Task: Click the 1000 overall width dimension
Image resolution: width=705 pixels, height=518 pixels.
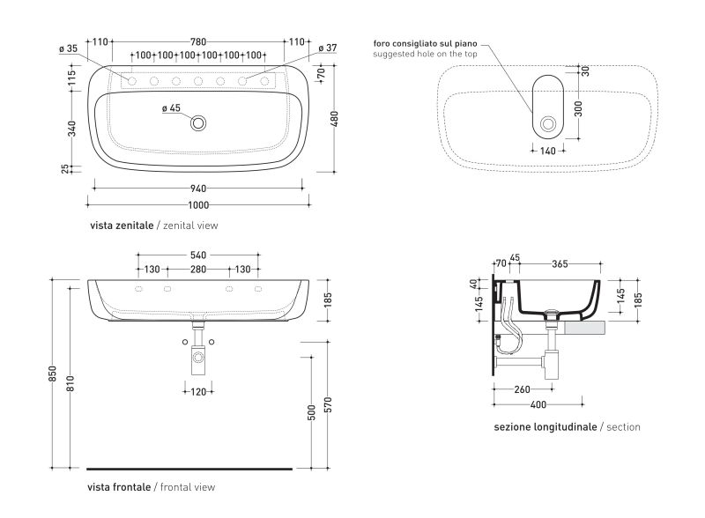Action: point(198,205)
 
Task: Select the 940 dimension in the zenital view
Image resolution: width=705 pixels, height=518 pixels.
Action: point(198,189)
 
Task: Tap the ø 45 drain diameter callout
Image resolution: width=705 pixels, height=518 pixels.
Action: point(171,108)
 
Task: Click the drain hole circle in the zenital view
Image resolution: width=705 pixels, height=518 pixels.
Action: point(198,122)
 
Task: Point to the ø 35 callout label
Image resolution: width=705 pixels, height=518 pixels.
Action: point(69,48)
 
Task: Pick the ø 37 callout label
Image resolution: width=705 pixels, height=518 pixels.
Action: point(328,48)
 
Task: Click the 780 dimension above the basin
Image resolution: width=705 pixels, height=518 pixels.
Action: point(198,42)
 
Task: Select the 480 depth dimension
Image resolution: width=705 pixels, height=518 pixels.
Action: point(335,119)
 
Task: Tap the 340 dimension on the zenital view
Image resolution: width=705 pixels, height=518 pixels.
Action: point(72,129)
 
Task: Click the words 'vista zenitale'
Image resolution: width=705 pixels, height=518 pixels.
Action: point(122,226)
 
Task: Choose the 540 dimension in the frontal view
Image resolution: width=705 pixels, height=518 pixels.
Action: point(198,255)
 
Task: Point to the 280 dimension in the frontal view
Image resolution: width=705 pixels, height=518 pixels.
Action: point(198,270)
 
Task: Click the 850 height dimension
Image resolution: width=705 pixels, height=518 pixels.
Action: point(53,374)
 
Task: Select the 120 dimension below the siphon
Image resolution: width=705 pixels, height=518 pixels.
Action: point(198,392)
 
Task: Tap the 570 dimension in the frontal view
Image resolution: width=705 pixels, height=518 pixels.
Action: point(328,405)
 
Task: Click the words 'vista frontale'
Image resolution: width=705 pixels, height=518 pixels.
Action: point(119,487)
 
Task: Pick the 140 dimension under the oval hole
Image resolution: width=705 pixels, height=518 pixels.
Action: point(548,152)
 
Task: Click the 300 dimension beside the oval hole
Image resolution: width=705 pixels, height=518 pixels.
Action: point(579,109)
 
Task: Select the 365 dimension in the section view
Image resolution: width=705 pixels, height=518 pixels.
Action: point(560,264)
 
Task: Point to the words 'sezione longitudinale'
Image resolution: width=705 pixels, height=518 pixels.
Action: point(545,427)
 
